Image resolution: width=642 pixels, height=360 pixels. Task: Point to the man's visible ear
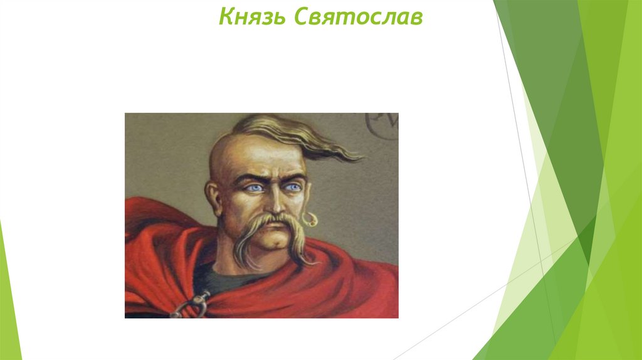point(214,195)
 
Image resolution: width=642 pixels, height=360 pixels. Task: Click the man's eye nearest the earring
point(292,187)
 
